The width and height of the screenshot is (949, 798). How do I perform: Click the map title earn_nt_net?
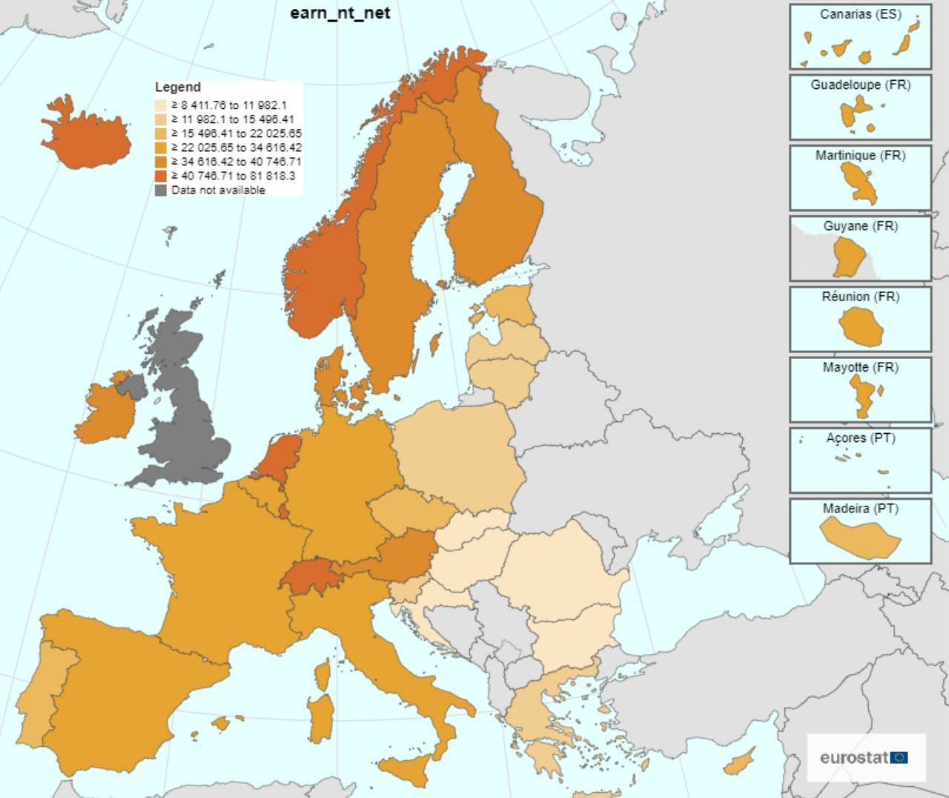pyautogui.click(x=340, y=13)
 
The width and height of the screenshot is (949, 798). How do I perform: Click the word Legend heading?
pyautogui.click(x=177, y=88)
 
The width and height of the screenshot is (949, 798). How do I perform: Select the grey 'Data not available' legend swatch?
pyautogui.click(x=161, y=191)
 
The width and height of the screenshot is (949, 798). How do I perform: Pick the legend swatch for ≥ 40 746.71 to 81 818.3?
pyautogui.click(x=161, y=177)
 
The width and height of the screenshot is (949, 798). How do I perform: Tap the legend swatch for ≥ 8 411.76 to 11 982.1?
pyautogui.click(x=161, y=106)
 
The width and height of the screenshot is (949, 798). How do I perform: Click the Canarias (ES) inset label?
pyautogui.click(x=860, y=14)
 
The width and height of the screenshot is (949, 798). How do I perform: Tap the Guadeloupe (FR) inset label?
pyautogui.click(x=860, y=85)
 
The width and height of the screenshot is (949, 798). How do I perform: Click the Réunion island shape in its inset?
pyautogui.click(x=861, y=327)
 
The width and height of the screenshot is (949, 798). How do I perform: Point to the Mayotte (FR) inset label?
pyautogui.click(x=860, y=367)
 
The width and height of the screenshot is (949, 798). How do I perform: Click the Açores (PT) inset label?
pyautogui.click(x=860, y=438)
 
